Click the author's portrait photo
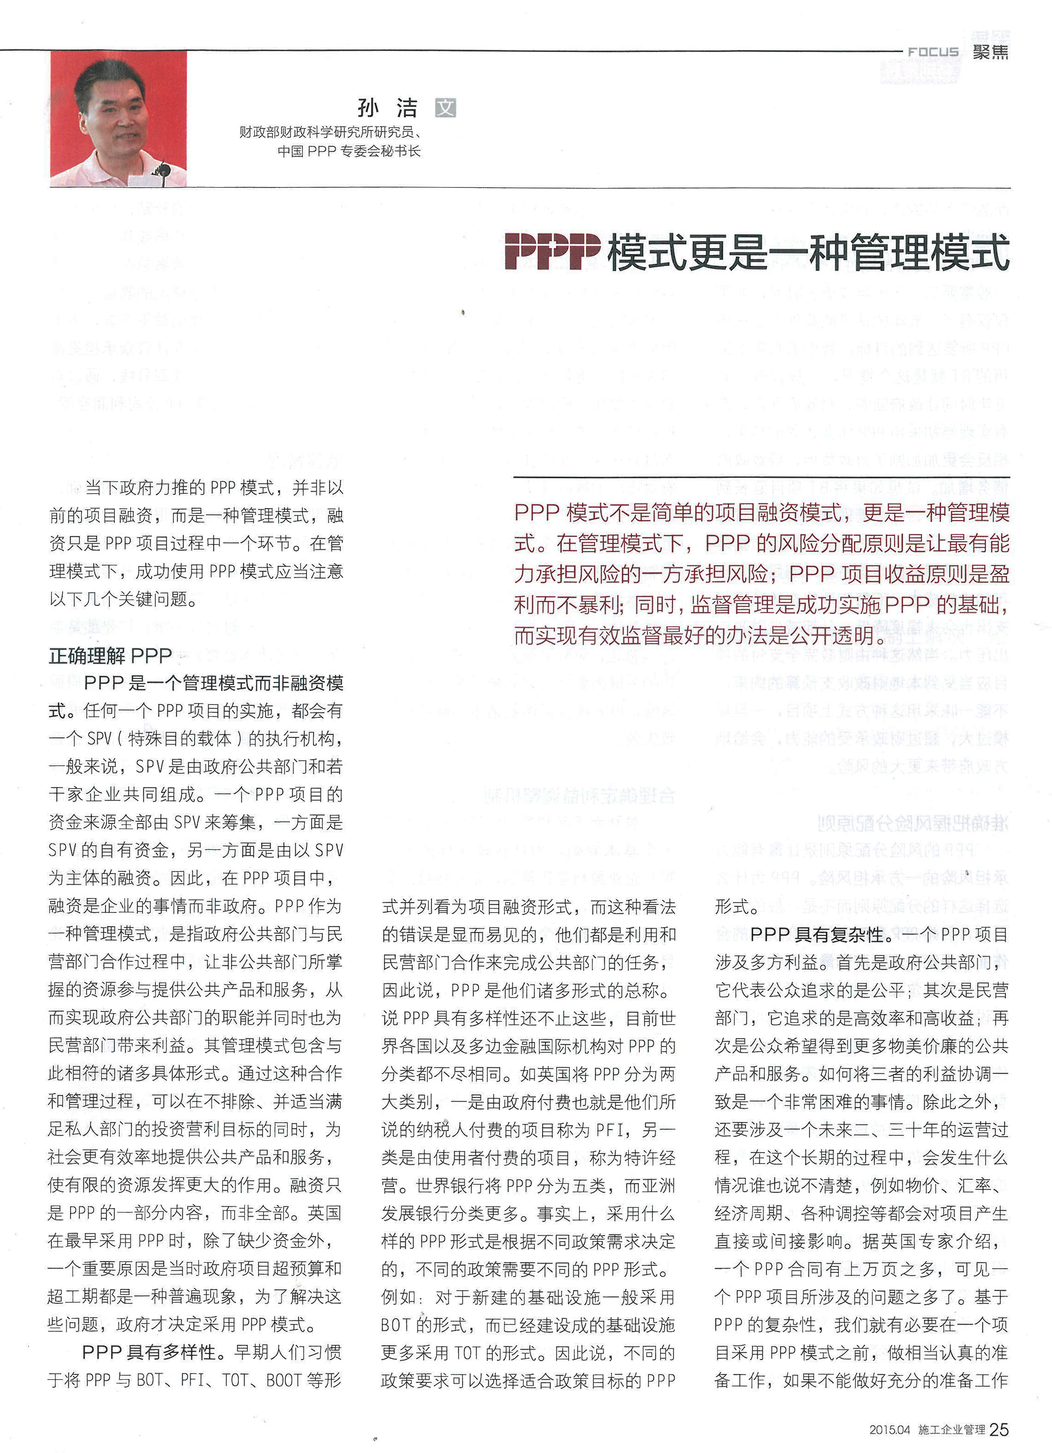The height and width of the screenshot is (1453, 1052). [118, 119]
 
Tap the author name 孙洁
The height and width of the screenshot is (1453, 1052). [387, 108]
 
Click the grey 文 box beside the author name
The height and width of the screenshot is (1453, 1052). [445, 108]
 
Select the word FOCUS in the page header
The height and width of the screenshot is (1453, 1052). [933, 52]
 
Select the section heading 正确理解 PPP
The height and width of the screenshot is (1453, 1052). [110, 656]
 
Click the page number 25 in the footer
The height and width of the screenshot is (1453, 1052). [999, 1429]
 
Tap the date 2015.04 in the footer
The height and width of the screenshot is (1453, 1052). [890, 1430]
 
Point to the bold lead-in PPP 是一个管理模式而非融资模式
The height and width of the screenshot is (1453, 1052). [213, 683]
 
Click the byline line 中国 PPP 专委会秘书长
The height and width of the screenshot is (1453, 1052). [349, 151]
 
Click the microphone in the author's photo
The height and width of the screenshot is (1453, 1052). [164, 171]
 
